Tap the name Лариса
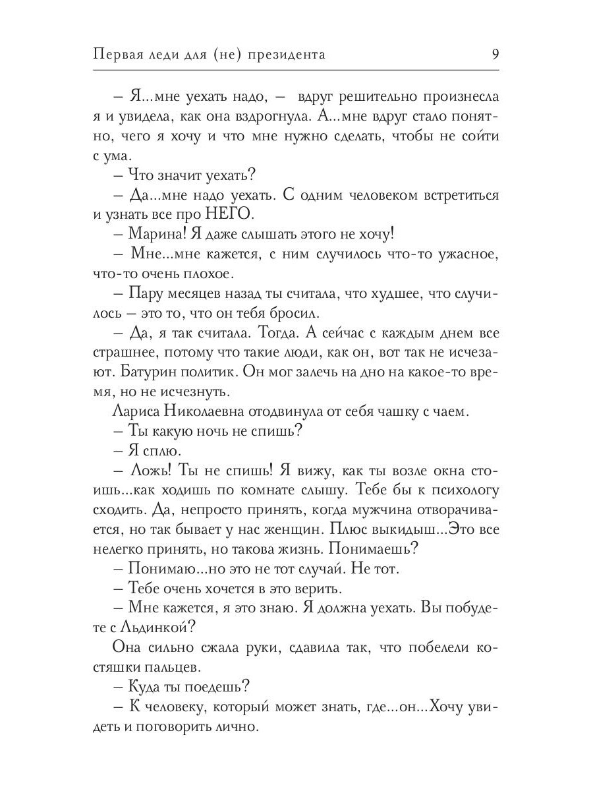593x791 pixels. pos(128,412)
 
